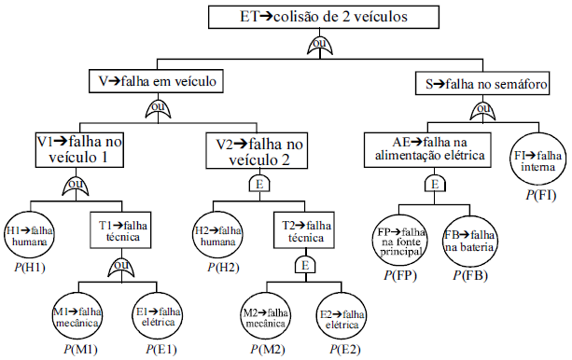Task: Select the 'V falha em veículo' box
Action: (157, 81)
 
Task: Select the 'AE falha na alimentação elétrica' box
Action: (426, 148)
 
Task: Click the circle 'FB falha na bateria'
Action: (470, 241)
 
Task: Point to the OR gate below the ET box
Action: (320, 44)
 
